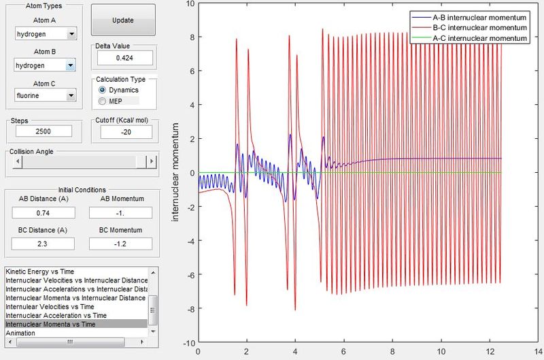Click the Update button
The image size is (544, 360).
coord(123,20)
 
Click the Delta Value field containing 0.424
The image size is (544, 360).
coord(125,58)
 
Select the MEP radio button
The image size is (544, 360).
coord(102,101)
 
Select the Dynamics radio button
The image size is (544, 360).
coord(102,90)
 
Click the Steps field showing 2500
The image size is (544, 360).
coord(44,131)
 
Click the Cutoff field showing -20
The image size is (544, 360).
coord(126,132)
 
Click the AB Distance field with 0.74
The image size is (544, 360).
coord(44,213)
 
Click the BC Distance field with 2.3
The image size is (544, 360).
coord(43,244)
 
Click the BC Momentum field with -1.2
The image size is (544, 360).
coord(120,244)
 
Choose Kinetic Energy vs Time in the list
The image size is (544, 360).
coord(40,272)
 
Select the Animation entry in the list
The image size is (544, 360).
coord(20,333)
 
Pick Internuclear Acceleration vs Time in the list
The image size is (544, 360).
coord(56,315)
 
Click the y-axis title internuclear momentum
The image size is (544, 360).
coord(175,172)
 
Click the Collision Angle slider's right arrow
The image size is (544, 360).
coord(152,161)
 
